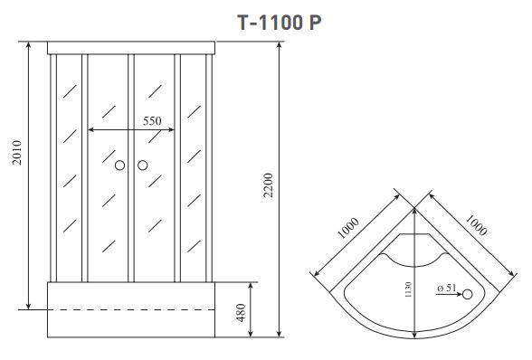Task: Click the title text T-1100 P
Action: [x=280, y=23]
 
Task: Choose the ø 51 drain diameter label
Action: [x=447, y=288]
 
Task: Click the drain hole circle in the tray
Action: [x=468, y=293]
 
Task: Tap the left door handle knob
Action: [x=119, y=166]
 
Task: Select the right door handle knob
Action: [x=142, y=166]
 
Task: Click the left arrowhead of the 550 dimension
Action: [x=90, y=130]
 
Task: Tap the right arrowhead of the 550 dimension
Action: [x=175, y=130]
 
